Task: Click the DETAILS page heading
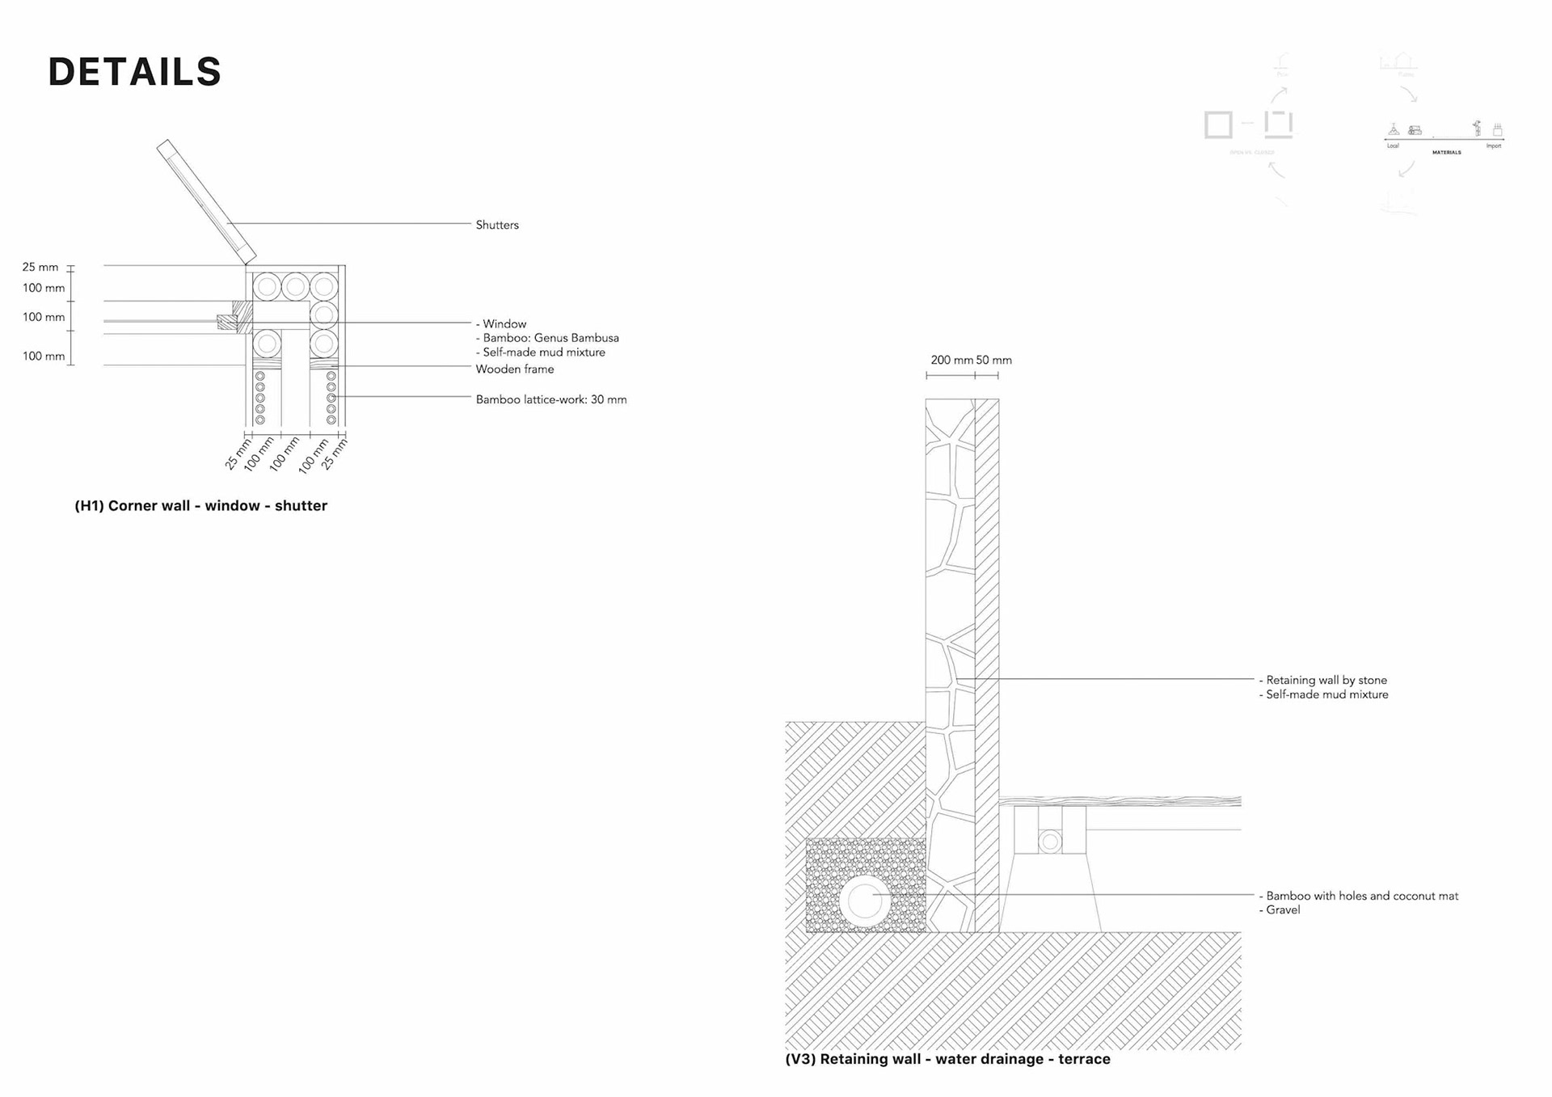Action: click(x=134, y=72)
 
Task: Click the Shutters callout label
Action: click(x=496, y=226)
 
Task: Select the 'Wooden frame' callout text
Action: click(x=514, y=369)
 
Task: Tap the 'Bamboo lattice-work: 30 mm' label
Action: click(x=550, y=400)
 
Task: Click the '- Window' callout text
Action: click(x=501, y=324)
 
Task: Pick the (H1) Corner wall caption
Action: click(x=200, y=506)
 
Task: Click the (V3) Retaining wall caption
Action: click(x=947, y=1059)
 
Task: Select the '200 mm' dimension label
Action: click(x=951, y=361)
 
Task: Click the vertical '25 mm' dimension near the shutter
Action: click(x=40, y=268)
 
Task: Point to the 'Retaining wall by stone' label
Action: click(x=1326, y=681)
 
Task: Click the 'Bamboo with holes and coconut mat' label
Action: click(x=1361, y=896)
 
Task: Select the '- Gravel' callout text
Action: click(x=1280, y=910)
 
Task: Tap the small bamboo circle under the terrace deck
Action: click(x=1050, y=842)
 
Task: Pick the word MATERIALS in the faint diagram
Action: click(x=1446, y=152)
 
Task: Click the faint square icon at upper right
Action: click(x=1218, y=124)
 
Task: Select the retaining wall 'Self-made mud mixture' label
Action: click(x=1326, y=695)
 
